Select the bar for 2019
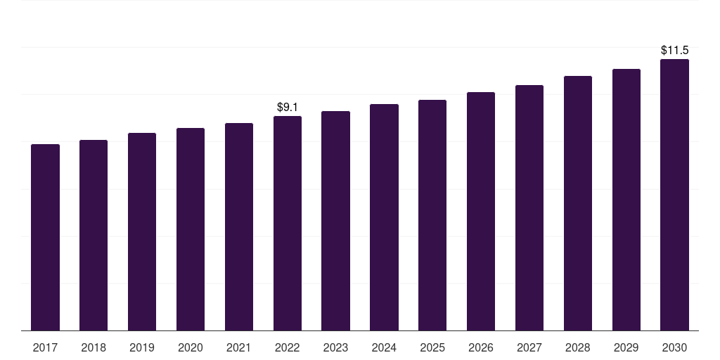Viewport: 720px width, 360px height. click(142, 231)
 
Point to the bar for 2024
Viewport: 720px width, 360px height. click(384, 217)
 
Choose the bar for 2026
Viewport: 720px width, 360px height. click(481, 211)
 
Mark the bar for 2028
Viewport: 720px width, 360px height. click(578, 203)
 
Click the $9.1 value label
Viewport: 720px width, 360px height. click(288, 108)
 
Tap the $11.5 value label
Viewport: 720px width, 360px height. click(674, 51)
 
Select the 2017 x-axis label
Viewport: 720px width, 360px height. click(45, 347)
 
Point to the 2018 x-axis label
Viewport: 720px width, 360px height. click(94, 347)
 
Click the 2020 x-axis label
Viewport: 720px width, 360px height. click(191, 347)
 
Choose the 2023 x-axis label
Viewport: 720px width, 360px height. click(335, 347)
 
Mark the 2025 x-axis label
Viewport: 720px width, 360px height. click(432, 347)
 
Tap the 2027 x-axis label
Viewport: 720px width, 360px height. click(529, 347)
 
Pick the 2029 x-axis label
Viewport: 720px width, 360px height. click(626, 347)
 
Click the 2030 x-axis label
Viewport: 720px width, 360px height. click(674, 347)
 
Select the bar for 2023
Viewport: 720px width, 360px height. click(335, 221)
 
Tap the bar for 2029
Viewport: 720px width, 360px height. click(626, 200)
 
